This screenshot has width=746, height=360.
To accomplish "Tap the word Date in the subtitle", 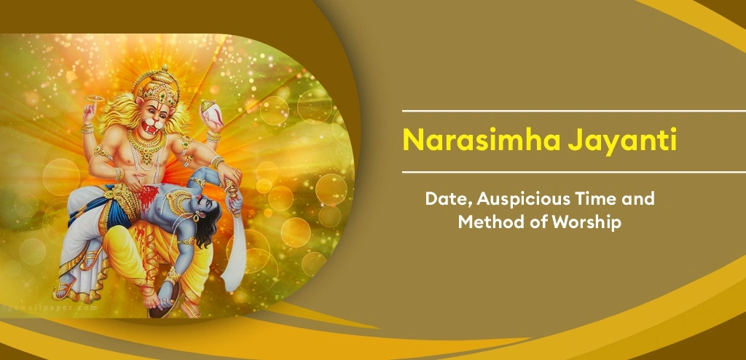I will click(x=444, y=197).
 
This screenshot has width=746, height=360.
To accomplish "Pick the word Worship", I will click(x=587, y=222).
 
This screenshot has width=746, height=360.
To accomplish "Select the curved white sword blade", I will click(x=240, y=248).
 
